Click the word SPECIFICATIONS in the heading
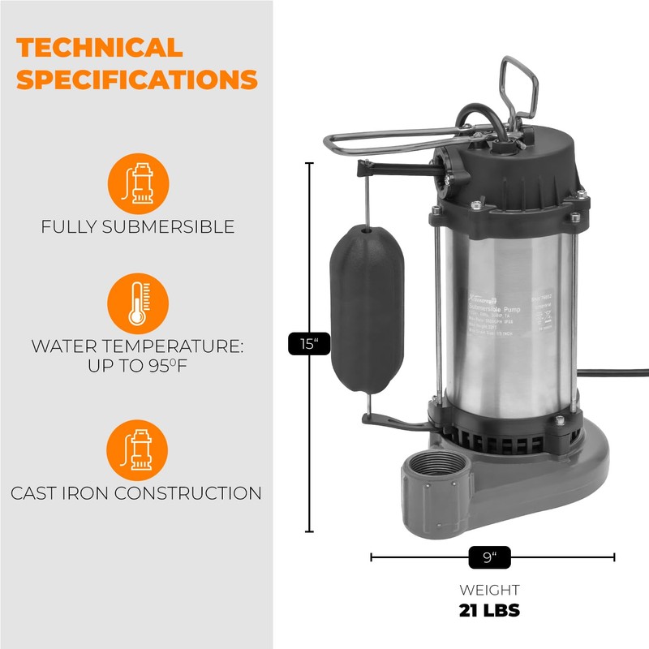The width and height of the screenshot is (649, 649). [x=136, y=80]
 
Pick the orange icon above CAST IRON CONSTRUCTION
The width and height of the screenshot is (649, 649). [x=138, y=450]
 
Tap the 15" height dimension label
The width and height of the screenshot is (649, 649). [x=308, y=344]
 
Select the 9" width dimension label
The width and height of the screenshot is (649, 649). [x=489, y=557]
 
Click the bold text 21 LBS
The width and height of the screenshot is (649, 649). [x=489, y=610]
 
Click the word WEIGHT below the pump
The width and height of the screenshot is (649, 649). [x=489, y=590]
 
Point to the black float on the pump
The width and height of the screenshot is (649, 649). [x=367, y=308]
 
